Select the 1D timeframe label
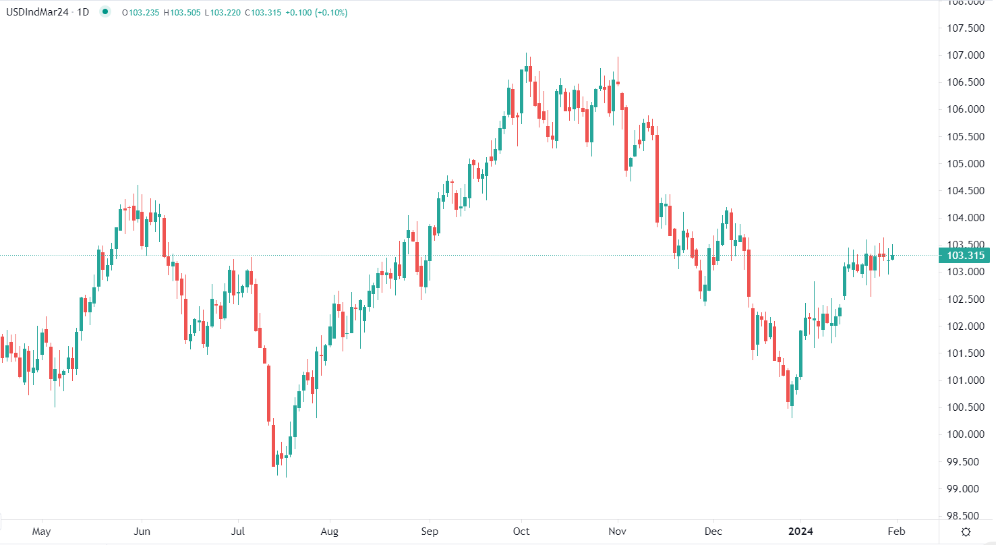pyautogui.click(x=84, y=12)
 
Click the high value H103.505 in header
pyautogui.click(x=181, y=12)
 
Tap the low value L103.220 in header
pyautogui.click(x=223, y=12)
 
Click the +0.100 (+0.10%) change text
pyautogui.click(x=319, y=12)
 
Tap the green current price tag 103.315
pyautogui.click(x=966, y=256)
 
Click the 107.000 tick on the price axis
pyautogui.click(x=966, y=55)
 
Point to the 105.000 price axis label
pyautogui.click(x=966, y=164)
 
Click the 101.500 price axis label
pyautogui.click(x=966, y=353)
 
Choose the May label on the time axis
pyautogui.click(x=42, y=532)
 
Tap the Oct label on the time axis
pyautogui.click(x=521, y=532)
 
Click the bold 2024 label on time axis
pyautogui.click(x=802, y=532)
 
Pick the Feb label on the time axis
pyautogui.click(x=897, y=532)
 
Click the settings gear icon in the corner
pyautogui.click(x=966, y=532)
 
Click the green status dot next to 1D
pyautogui.click(x=105, y=12)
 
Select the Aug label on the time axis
pyautogui.click(x=329, y=532)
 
